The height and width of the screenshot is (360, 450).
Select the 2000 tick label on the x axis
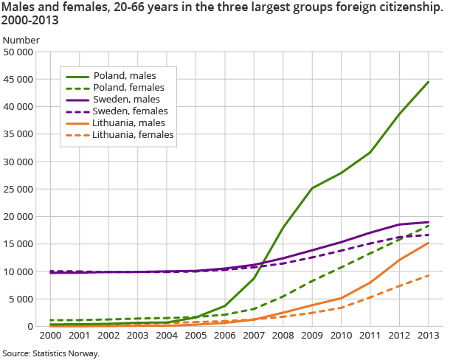[x=51, y=335]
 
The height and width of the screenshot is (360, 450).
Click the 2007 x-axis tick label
[x=254, y=335]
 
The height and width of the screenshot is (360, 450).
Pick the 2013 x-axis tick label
[x=428, y=335]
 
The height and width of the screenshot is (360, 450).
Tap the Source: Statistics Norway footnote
[x=50, y=353]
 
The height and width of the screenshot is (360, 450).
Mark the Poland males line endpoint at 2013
[x=428, y=82]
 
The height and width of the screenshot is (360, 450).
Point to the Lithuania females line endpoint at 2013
[x=428, y=276]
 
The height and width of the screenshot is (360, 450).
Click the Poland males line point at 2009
[x=312, y=188]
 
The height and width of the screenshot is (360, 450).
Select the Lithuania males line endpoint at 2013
[x=428, y=243]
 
